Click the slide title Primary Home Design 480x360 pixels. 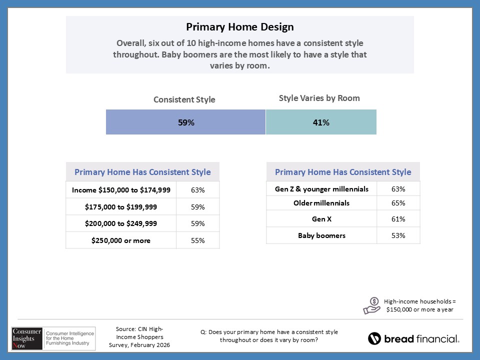click(x=240, y=26)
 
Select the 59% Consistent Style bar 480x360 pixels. click(x=185, y=122)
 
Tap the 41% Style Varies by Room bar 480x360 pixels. click(x=320, y=122)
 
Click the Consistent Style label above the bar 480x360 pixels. click(x=184, y=99)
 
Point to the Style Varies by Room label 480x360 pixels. click(x=319, y=98)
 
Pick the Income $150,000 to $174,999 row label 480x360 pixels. click(x=121, y=190)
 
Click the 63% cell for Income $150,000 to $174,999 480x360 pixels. click(x=197, y=190)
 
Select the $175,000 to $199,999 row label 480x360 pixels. click(x=121, y=207)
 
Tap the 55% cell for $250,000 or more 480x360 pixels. click(x=197, y=240)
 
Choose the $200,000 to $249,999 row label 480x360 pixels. click(x=121, y=223)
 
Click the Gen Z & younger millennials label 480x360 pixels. click(x=321, y=189)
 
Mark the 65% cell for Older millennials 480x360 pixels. click(x=398, y=203)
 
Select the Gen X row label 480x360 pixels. click(x=321, y=219)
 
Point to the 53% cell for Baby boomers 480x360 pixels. click(x=398, y=235)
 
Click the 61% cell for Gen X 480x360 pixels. click(x=398, y=219)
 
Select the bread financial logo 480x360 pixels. click(x=413, y=338)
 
